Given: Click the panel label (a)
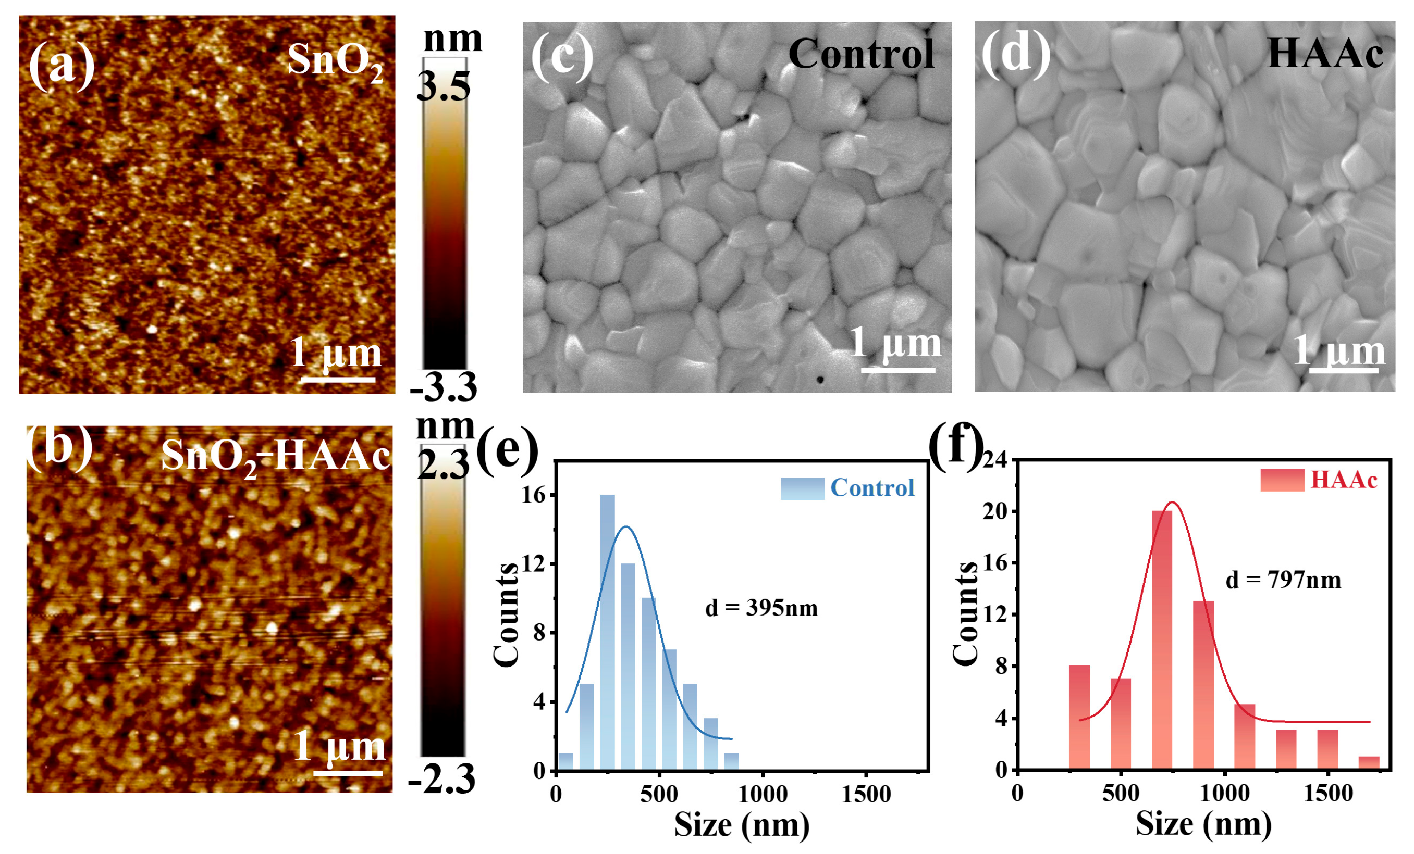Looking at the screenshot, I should pyautogui.click(x=62, y=67).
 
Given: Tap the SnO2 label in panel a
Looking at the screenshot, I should pyautogui.click(x=335, y=61).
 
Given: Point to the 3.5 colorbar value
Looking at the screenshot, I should pyautogui.click(x=443, y=87).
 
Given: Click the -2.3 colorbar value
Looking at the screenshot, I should pyautogui.click(x=441, y=780).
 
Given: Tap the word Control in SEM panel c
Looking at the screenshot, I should pyautogui.click(x=862, y=54).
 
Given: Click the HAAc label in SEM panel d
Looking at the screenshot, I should pyautogui.click(x=1324, y=54).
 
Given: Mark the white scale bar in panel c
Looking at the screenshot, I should pyautogui.click(x=897, y=370).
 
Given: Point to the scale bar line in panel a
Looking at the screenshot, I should pyautogui.click(x=338, y=379).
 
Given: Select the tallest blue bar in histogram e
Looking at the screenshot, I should pyautogui.click(x=607, y=631).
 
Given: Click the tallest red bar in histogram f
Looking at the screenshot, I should pyautogui.click(x=1162, y=639).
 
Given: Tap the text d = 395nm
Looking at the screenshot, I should pyautogui.click(x=761, y=608).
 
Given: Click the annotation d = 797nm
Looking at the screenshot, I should pyautogui.click(x=1283, y=581).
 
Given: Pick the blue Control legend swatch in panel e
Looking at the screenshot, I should pyautogui.click(x=802, y=488).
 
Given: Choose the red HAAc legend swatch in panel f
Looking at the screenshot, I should pyautogui.click(x=1282, y=481).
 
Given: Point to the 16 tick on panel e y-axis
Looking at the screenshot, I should pyautogui.click(x=533, y=495).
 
